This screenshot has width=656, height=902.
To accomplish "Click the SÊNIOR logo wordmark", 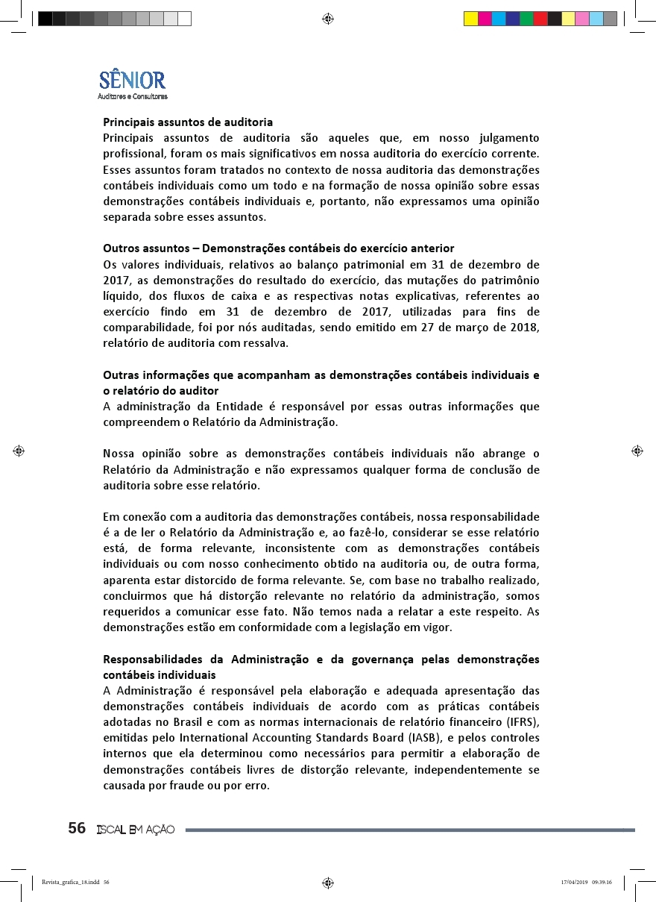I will click(132, 79).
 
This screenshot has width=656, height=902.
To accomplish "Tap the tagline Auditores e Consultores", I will click(132, 96).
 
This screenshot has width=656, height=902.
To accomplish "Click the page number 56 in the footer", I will click(77, 829).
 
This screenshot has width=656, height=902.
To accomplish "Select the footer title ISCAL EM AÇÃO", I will click(135, 830).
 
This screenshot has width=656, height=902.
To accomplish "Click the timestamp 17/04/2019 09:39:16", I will click(586, 882).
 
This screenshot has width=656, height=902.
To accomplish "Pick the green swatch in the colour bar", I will click(526, 19).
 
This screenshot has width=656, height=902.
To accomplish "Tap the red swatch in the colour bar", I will click(540, 19).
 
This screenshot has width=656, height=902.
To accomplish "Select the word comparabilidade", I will click(150, 328).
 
